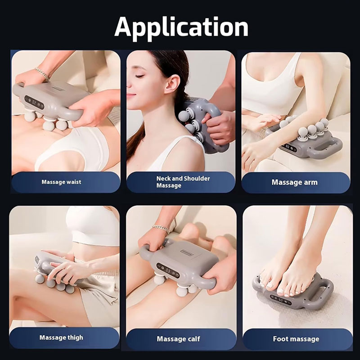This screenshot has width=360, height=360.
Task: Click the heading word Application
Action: [181, 27]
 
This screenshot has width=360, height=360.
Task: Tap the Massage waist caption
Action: [61, 182]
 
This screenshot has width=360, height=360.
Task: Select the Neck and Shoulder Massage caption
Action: [183, 182]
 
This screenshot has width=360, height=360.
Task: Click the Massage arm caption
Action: [295, 182]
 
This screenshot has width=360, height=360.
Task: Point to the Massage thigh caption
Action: [61, 338]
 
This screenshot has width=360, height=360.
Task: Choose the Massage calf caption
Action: [178, 339]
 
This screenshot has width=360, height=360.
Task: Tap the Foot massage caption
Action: [296, 339]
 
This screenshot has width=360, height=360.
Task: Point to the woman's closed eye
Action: [139, 76]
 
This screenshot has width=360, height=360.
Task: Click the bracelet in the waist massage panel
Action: [42, 73]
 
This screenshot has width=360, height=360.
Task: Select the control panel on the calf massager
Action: [168, 271]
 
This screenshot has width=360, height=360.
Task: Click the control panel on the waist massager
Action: [34, 102]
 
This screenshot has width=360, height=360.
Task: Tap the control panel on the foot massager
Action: [282, 300]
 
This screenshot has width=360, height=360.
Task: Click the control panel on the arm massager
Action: [288, 148]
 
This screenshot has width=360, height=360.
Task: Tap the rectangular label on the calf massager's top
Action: [187, 252]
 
